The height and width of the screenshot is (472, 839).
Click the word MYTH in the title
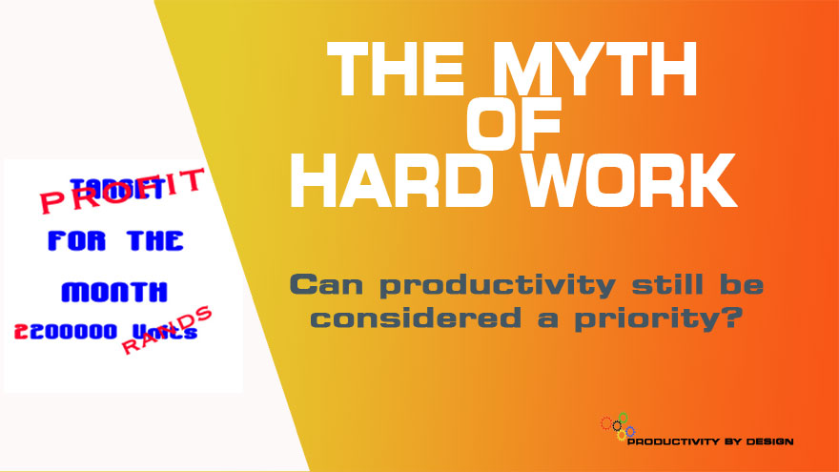611,71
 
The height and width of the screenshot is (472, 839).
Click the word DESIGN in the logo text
767,441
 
